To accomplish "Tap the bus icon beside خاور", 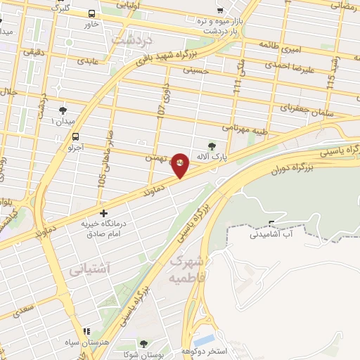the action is pyautogui.click(x=92, y=13).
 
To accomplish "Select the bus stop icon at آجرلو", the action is pyautogui.click(x=75, y=138).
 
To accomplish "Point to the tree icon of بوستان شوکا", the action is pyautogui.click(x=143, y=344).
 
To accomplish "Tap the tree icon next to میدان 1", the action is pyautogui.click(x=63, y=110).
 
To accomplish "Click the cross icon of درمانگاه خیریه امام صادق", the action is pyautogui.click(x=104, y=212).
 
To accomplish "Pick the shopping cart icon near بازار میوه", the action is pyautogui.click(x=220, y=11).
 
